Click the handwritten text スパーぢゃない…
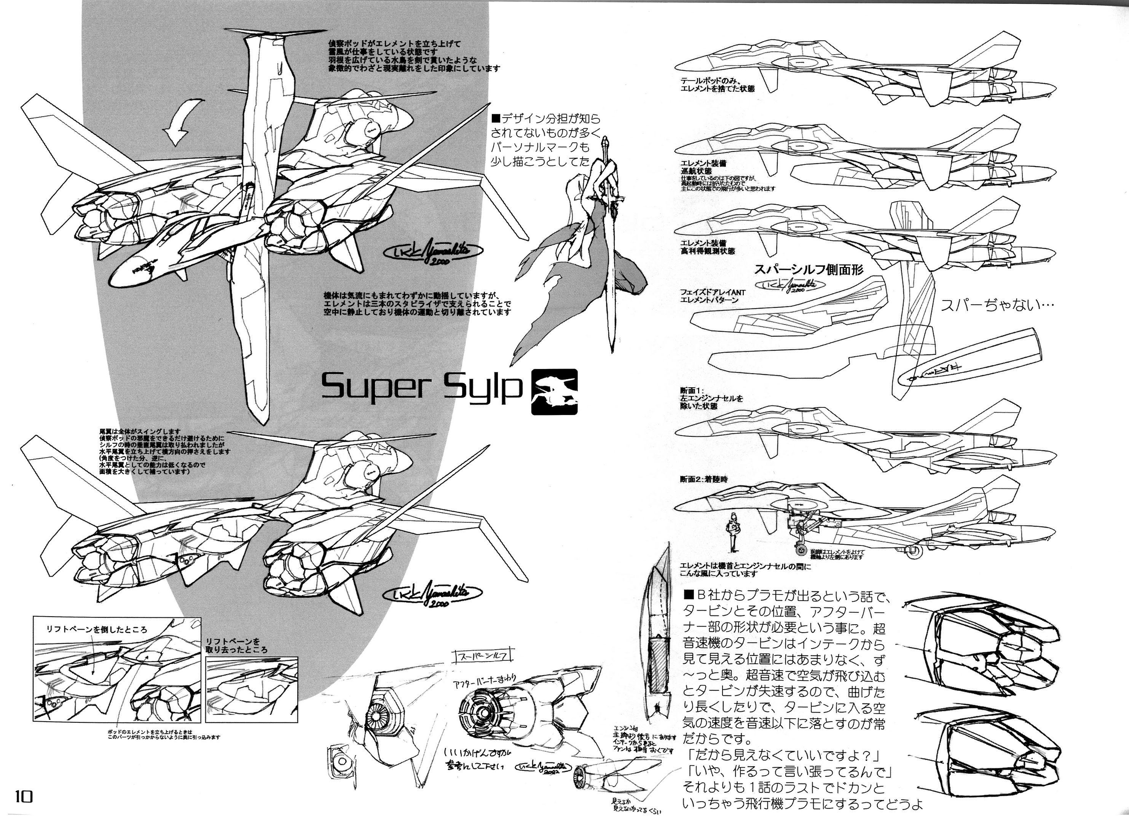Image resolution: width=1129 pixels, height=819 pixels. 997,305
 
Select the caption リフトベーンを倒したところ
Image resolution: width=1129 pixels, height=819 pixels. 97,630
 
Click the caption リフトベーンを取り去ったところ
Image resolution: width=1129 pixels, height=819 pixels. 236,646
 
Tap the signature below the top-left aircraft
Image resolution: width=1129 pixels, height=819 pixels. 430,254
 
